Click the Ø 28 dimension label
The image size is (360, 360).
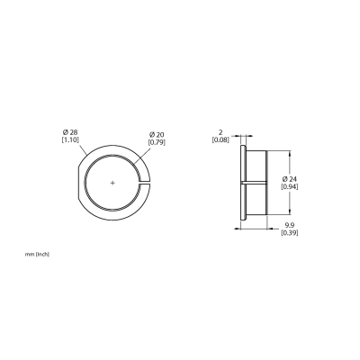(x=69, y=132)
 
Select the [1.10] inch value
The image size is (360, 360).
(x=70, y=139)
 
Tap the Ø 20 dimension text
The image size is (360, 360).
(x=157, y=135)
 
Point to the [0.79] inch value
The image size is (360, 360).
(x=157, y=142)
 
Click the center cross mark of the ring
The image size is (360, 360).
(x=112, y=183)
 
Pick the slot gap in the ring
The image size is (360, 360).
(x=144, y=183)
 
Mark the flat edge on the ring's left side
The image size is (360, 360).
(x=78, y=183)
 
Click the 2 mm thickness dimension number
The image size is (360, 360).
(x=221, y=132)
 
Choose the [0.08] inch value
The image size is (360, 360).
(x=220, y=139)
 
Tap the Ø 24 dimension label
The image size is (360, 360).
(x=290, y=179)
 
